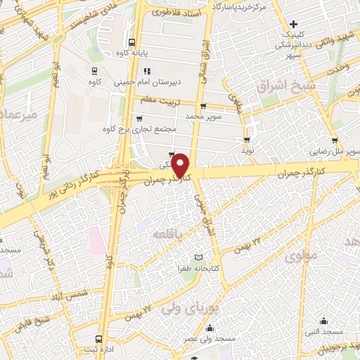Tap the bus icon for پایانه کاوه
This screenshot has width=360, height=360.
pos(132,41)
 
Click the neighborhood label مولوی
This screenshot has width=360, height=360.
pos(302,258)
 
